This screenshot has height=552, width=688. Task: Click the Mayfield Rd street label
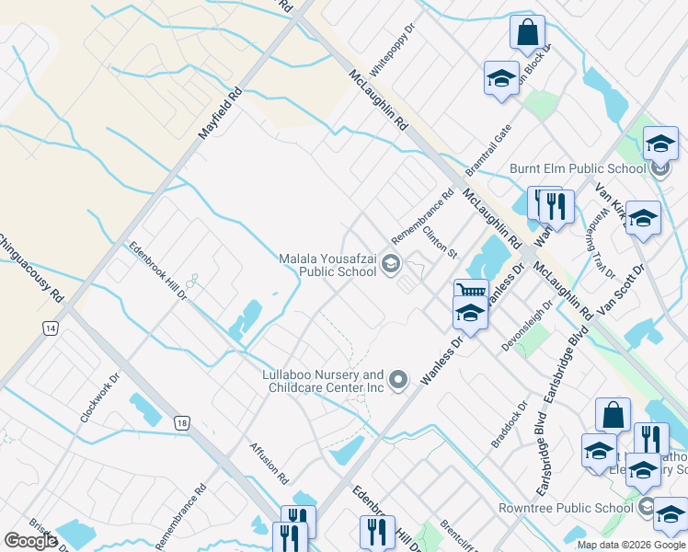coord(221,114)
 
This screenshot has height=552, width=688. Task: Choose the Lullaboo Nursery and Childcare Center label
coord(322,381)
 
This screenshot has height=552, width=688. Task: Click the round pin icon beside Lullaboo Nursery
coord(398,379)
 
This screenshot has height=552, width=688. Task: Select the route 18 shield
coord(182,422)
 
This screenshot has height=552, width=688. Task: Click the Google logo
coord(30,541)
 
